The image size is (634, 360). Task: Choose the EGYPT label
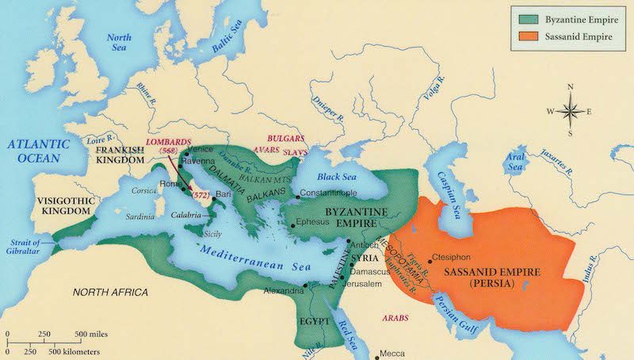tap(315, 324)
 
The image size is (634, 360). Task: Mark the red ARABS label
tap(395, 316)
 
